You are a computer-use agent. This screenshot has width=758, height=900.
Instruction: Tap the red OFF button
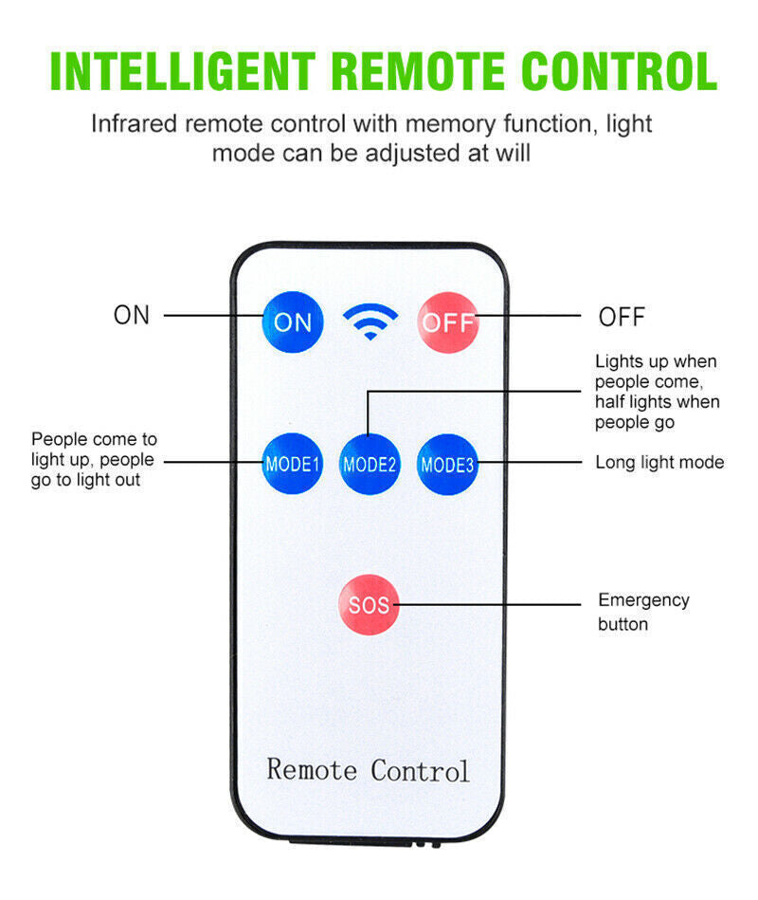pos(448,321)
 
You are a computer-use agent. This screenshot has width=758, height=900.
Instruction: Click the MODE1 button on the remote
pos(293,464)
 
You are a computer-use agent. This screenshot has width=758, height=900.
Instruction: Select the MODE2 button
pos(370,464)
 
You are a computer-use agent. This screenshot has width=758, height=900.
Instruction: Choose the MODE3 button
pos(447,464)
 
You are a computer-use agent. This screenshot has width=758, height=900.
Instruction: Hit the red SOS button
pos(370,603)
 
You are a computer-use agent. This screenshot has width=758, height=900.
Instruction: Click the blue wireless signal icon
pos(370,321)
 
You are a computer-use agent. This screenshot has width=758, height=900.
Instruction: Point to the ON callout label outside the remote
pos(132,316)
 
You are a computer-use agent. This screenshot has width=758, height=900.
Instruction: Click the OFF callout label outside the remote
pos(622,317)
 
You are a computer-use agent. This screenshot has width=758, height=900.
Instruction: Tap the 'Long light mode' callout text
pos(659,463)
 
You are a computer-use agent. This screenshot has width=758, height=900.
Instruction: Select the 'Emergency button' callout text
pos(643,612)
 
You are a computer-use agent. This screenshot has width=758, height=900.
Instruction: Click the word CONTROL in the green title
pos(623,71)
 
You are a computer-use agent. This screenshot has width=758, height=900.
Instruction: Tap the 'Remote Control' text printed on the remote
pos(368,769)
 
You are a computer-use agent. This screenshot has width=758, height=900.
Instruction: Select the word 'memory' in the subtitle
pos(450,123)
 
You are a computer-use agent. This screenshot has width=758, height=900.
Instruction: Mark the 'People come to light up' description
pos(94,460)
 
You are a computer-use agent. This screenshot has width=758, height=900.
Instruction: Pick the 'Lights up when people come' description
pos(657,392)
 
